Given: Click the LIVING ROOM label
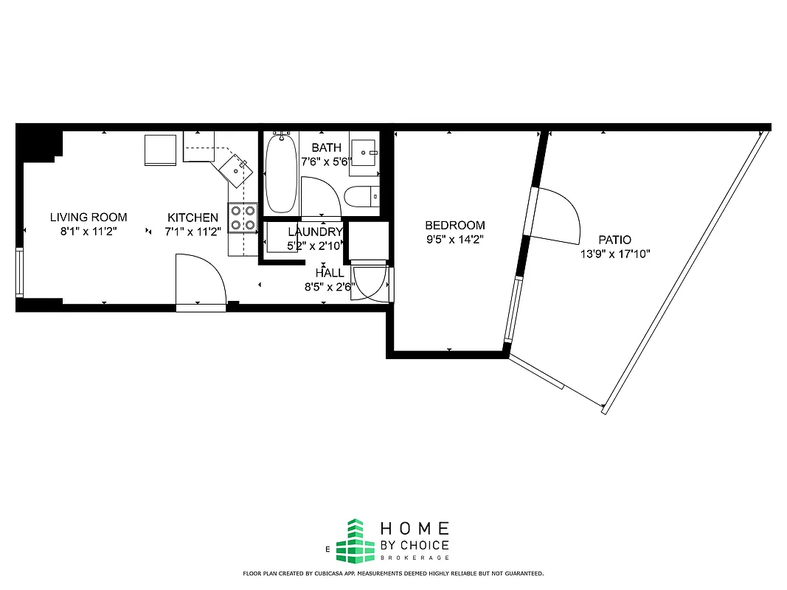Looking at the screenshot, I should [89, 218].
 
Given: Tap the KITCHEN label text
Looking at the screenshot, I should [193, 218].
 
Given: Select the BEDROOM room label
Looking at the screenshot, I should [455, 226].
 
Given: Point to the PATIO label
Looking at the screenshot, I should [614, 240].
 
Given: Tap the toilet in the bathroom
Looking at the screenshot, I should [362, 197].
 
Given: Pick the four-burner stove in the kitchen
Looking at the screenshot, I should [242, 218].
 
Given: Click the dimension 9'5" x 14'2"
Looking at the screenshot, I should [454, 239].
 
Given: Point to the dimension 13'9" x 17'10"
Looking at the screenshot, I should [615, 254].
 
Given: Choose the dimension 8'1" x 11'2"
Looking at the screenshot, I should [89, 231].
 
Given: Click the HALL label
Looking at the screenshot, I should [329, 272].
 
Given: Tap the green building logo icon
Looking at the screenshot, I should [356, 541].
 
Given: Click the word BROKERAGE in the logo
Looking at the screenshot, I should [414, 558].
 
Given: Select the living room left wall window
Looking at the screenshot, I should [19, 273].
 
